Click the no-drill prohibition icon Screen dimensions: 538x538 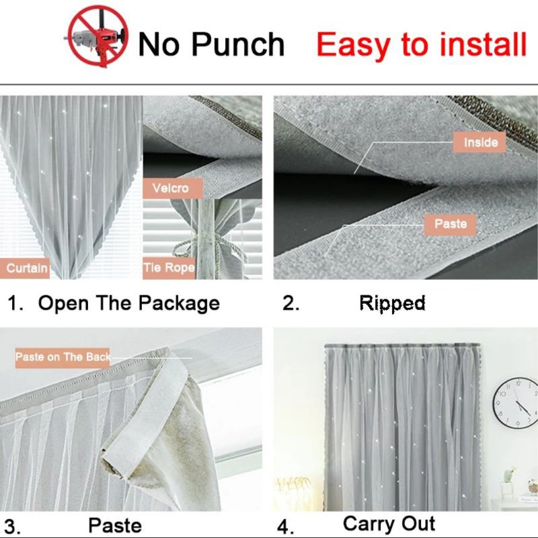point(98,36)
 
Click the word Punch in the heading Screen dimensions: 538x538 point(238,44)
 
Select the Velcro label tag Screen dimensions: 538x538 point(173,188)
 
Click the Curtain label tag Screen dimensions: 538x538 point(25,268)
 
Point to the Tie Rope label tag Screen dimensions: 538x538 point(169,268)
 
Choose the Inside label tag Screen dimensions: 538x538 point(479,142)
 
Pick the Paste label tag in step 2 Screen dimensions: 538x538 point(450,225)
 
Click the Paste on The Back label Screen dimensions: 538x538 point(63,358)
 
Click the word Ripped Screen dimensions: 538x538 point(392,303)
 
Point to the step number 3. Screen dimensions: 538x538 point(11,527)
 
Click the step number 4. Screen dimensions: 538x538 point(285,527)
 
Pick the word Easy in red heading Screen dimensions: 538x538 point(353,44)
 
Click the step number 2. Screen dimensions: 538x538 point(291,303)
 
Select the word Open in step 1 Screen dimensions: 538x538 point(63,303)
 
